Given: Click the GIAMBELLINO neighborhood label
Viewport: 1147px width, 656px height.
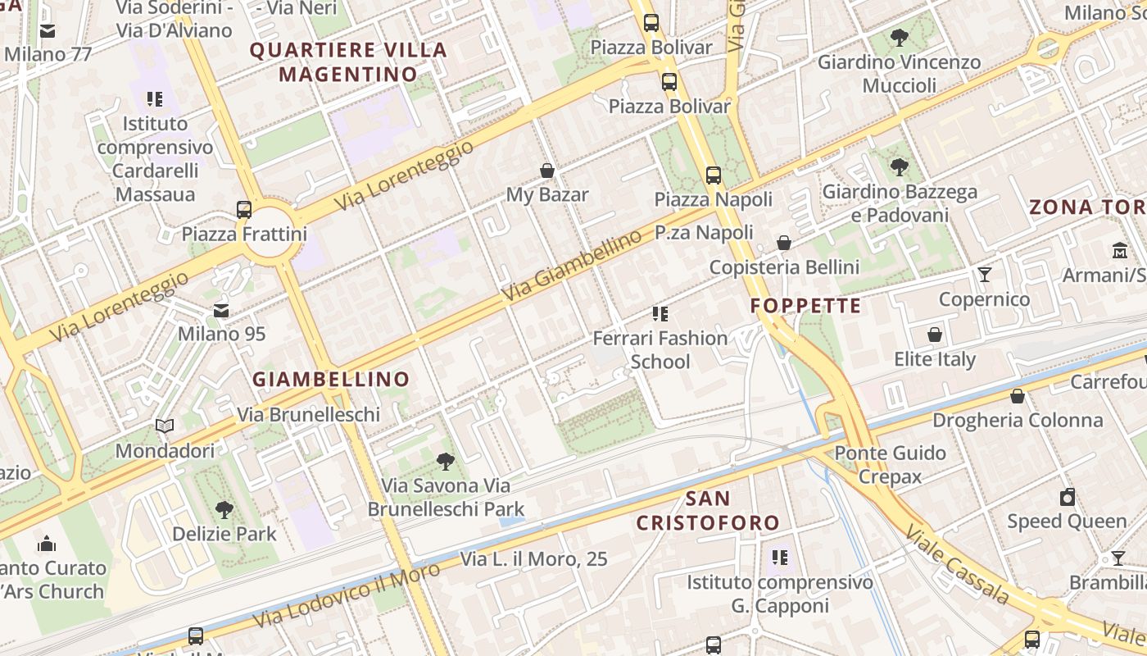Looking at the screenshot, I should (330, 380).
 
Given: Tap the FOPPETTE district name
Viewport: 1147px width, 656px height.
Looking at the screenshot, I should (806, 307).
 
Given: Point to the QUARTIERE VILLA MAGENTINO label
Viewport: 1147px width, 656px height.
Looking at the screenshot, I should (348, 62).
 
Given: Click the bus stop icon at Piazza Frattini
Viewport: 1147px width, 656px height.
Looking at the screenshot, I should (244, 209).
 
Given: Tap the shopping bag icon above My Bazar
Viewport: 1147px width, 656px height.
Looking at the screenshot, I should (547, 171).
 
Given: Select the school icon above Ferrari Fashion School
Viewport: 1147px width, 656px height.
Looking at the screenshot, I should (660, 313).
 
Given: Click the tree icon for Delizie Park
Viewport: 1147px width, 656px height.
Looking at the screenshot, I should (224, 510).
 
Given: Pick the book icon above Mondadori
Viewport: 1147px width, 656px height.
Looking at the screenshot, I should (165, 426).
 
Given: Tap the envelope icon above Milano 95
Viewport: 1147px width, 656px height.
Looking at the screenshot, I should (221, 311).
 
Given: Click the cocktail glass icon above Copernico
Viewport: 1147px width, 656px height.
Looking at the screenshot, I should (984, 275).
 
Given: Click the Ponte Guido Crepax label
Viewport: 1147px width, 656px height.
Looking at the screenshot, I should (890, 464).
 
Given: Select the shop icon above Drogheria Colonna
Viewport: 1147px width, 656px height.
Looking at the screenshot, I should (1018, 397).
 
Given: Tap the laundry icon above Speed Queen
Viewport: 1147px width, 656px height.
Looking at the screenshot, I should (1067, 497).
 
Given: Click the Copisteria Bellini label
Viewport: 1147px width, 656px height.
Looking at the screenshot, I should (784, 267).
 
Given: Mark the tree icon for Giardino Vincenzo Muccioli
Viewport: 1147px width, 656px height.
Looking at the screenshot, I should (900, 37).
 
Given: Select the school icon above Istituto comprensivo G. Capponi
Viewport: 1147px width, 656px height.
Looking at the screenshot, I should (780, 558).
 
